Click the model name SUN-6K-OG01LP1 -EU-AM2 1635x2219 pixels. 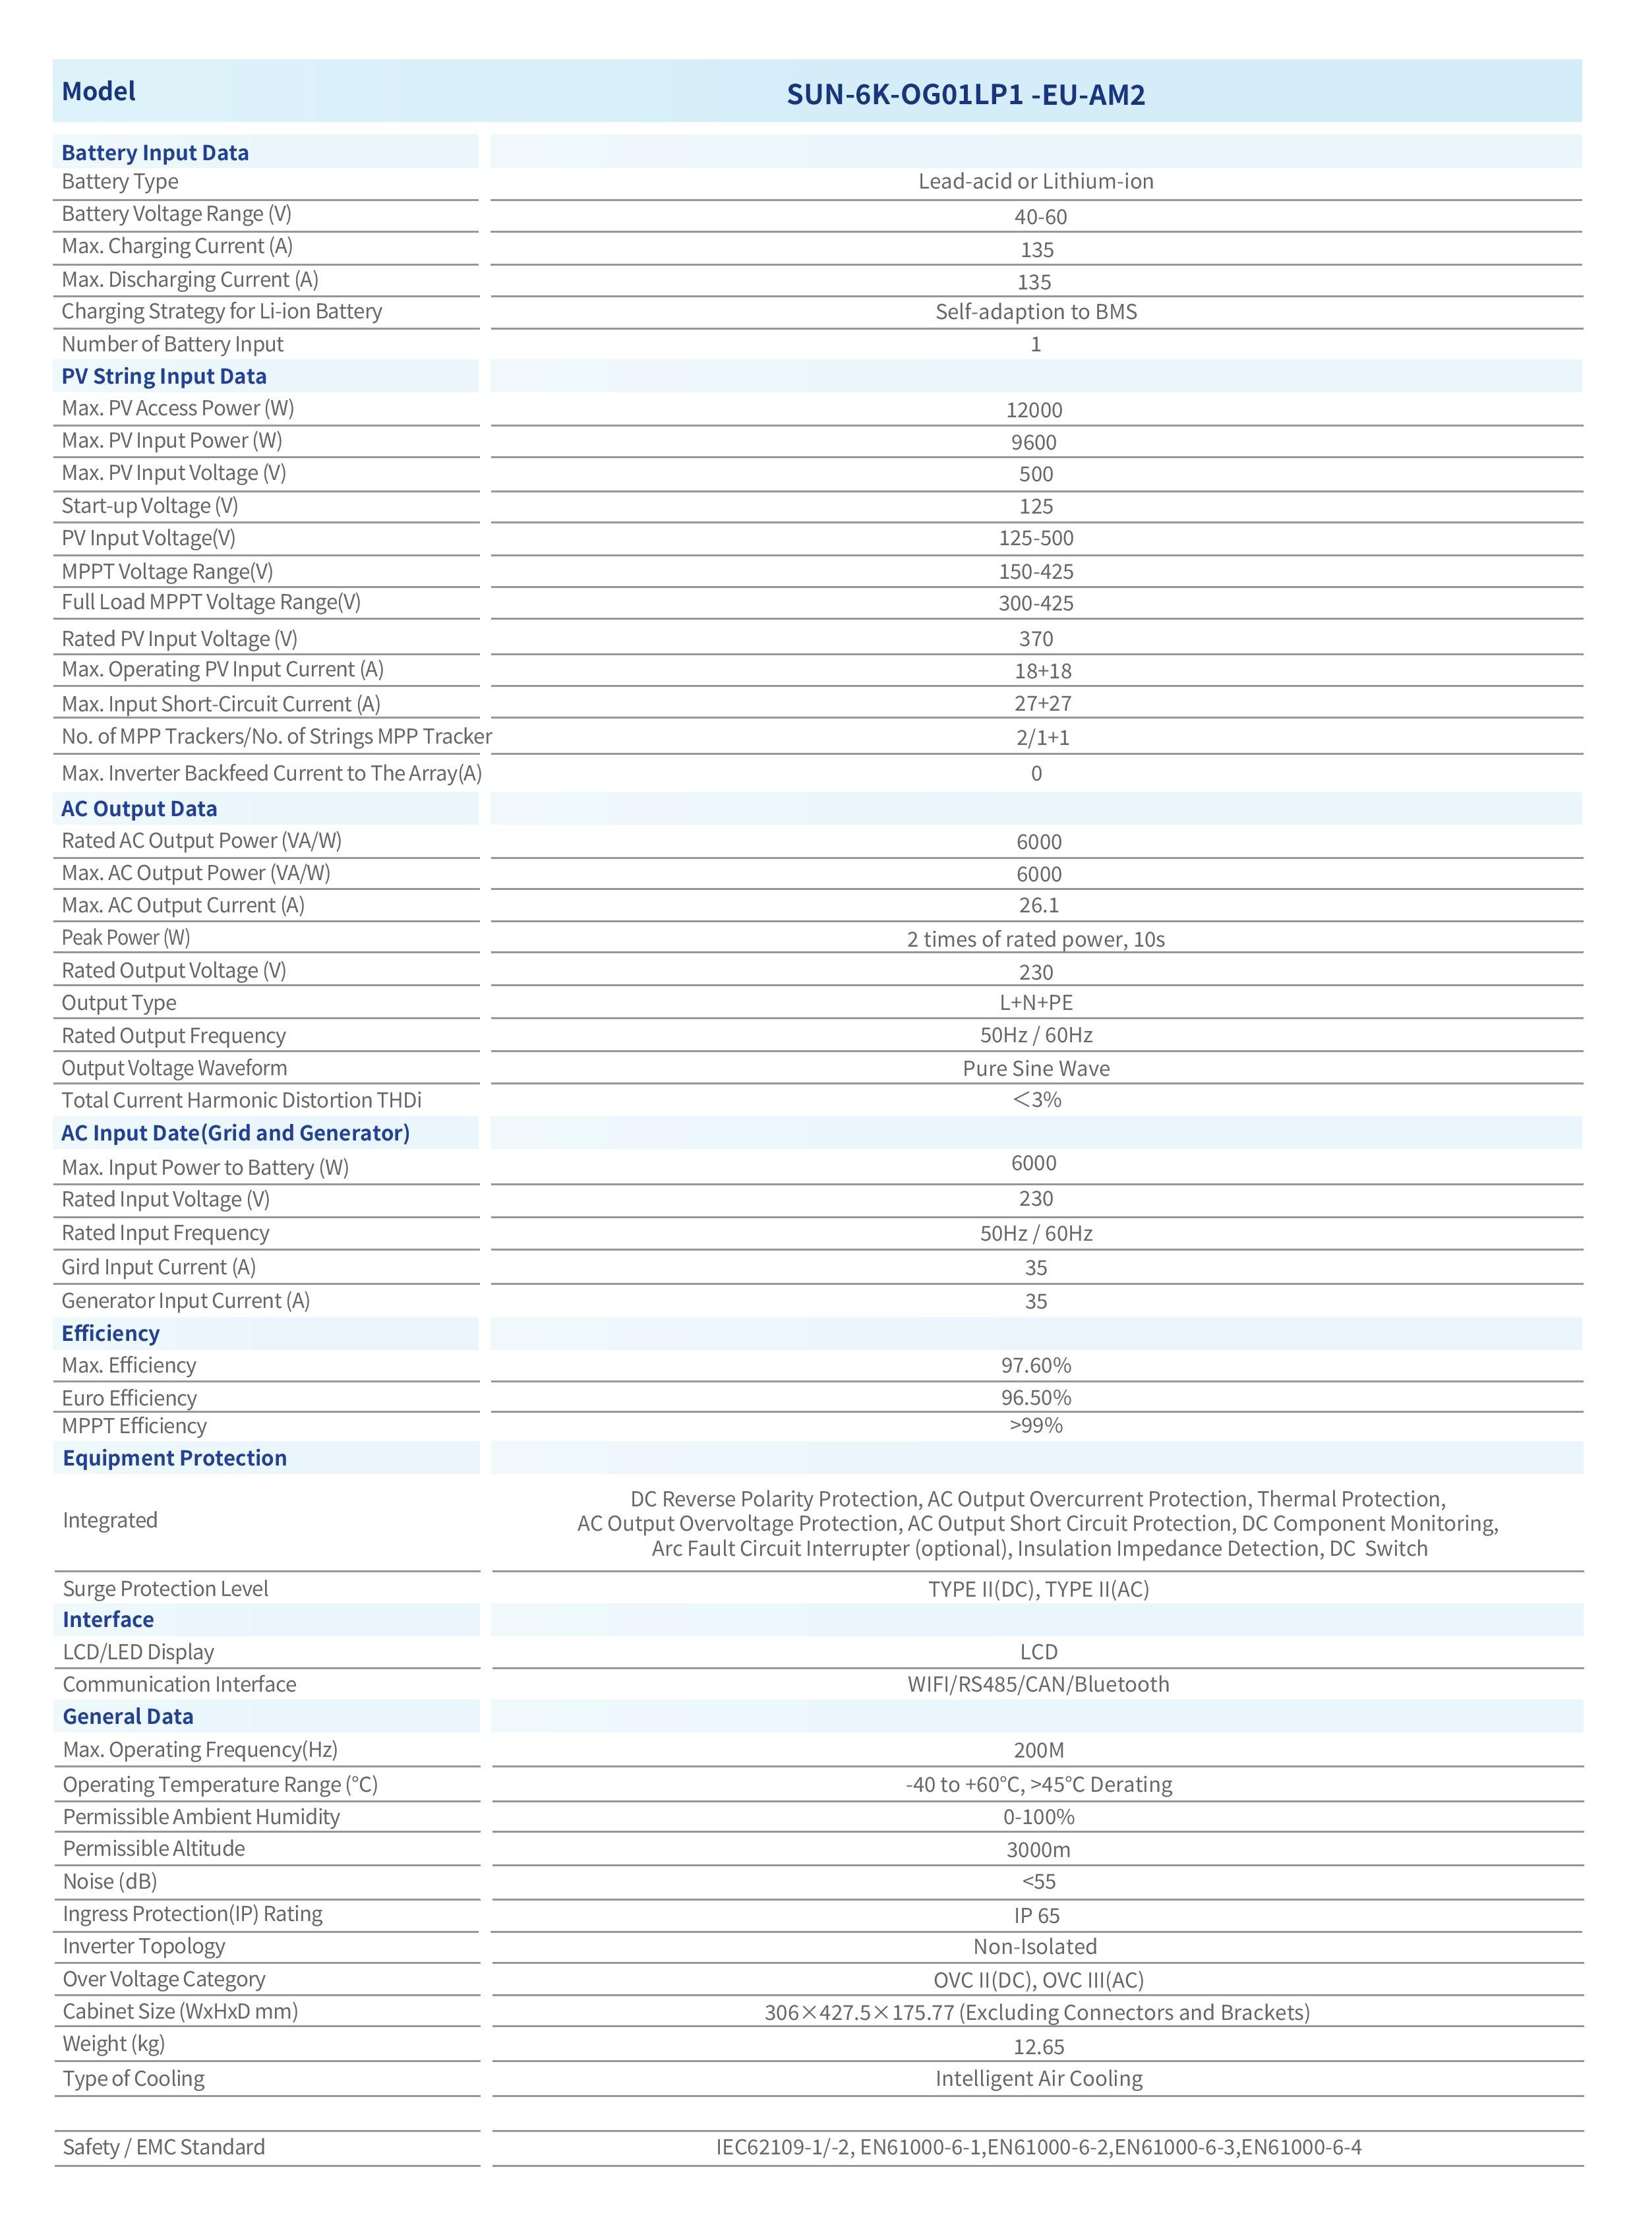point(965,95)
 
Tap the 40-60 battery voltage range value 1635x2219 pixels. point(1039,217)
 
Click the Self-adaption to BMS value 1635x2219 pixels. point(1036,312)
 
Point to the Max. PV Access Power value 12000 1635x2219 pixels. point(1034,410)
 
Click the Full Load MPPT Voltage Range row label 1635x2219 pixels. point(211,602)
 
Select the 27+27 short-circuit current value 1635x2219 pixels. point(1042,703)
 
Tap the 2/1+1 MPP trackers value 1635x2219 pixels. point(1042,737)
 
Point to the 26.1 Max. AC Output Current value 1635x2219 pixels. point(1038,906)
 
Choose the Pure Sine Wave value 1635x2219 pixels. point(1036,1068)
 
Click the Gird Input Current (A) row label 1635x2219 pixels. point(158,1267)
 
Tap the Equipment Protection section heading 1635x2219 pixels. point(174,1458)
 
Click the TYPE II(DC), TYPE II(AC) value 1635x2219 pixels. point(1038,1589)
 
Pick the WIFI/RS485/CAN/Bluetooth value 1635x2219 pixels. point(1038,1684)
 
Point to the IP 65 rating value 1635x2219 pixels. point(1036,1916)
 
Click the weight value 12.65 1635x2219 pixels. point(1038,2047)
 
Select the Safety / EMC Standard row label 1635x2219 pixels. point(164,2146)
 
